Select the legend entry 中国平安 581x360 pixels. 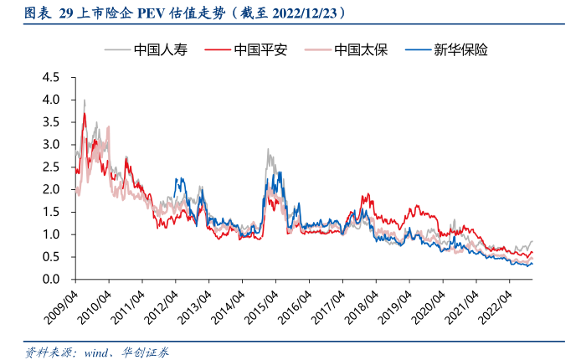click(x=260, y=49)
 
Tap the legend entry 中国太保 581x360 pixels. click(x=360, y=49)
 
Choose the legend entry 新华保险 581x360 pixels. click(x=460, y=49)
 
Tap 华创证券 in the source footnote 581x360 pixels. click(x=145, y=352)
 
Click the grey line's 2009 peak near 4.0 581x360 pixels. click(x=84, y=100)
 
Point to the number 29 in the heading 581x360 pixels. click(x=66, y=14)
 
